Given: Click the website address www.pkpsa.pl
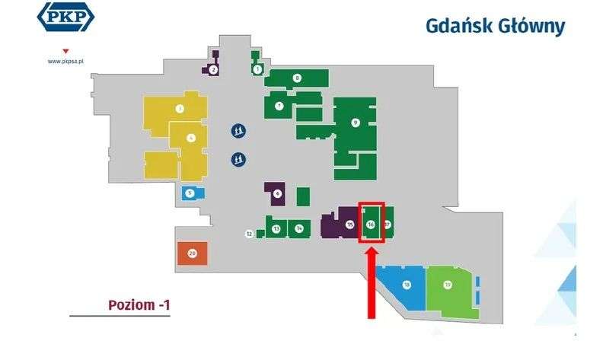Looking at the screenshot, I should coord(65,61).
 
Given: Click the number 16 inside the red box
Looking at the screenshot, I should coord(371,225).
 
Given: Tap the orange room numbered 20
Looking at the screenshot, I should coord(192,253).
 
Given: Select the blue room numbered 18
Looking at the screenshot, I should coord(407,285).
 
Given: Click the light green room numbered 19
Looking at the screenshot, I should coord(448,285).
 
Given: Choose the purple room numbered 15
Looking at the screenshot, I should coord(349,225).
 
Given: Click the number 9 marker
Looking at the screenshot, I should coord(355,122).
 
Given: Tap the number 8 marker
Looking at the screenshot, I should coord(297,78).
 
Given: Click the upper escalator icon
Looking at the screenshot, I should coord(239,131).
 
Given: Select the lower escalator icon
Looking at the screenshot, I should coord(239,159).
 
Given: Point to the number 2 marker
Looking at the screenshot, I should coord(213,69).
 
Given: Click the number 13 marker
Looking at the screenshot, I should coord(276,228).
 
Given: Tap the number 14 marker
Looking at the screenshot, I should coord(299,228).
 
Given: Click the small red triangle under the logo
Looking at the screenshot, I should coord(54,51).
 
